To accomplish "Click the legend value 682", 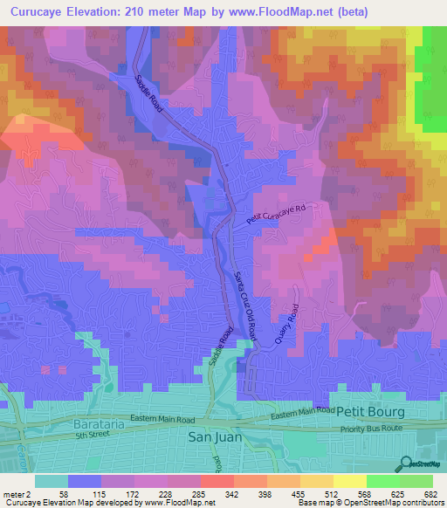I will [430, 494].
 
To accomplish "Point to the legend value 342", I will [231, 494].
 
